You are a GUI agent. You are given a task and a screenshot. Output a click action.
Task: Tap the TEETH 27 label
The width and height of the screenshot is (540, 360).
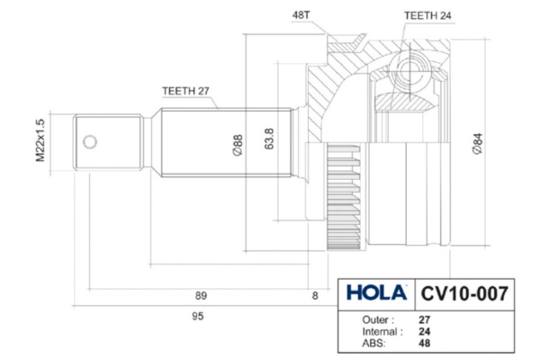pos(185,90)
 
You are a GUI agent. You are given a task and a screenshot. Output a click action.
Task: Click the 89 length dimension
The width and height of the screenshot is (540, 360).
pos(202,295)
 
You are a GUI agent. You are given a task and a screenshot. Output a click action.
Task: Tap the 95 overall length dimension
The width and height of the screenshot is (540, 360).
pos(198,316)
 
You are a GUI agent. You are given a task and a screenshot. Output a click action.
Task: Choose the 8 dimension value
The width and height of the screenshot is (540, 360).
pos(315,295)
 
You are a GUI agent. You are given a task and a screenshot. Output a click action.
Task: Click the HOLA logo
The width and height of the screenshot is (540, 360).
pos(373,294)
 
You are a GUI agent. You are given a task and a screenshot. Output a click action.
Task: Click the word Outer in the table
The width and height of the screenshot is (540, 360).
pos(377,319)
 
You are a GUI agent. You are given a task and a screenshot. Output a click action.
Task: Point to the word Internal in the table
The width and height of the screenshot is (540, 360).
pos(381,331)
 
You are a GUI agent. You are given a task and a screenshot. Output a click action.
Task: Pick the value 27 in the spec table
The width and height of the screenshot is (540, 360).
pos(425,319)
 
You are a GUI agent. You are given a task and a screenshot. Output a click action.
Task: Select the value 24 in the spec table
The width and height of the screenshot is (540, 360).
pos(425,331)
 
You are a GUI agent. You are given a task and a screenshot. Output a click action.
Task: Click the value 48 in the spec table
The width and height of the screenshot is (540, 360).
pos(425,343)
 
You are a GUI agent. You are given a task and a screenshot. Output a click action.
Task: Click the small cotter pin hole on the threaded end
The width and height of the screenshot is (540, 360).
pos(89,141)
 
